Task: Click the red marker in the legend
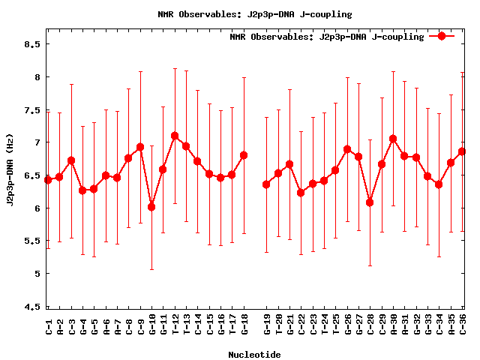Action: click(442, 36)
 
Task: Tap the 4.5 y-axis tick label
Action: click(31, 307)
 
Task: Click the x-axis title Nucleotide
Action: click(254, 355)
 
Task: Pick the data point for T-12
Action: click(175, 136)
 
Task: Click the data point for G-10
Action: click(151, 206)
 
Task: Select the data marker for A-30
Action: click(393, 139)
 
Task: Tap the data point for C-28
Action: click(370, 202)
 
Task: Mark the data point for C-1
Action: click(48, 179)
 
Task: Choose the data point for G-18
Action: click(244, 155)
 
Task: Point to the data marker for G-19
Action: click(266, 184)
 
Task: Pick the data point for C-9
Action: click(140, 147)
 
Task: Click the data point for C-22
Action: click(301, 193)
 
